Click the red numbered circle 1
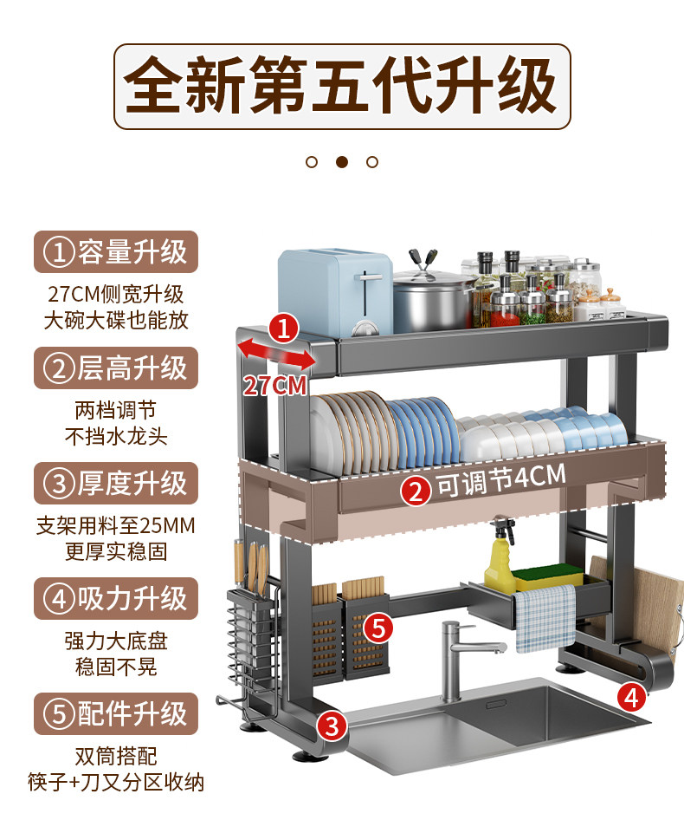[x=284, y=329]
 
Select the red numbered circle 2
[x=416, y=492]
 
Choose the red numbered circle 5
[x=378, y=628]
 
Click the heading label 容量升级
[x=116, y=252]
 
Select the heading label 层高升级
[x=116, y=368]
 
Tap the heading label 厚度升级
[x=116, y=484]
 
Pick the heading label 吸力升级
[x=116, y=599]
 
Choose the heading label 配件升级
[x=116, y=714]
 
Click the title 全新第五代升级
[x=341, y=86]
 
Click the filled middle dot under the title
[x=341, y=162]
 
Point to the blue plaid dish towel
[x=545, y=617]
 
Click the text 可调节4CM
[x=500, y=479]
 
